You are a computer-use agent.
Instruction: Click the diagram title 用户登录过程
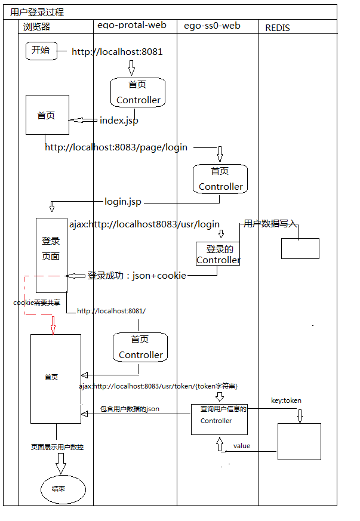[37, 12]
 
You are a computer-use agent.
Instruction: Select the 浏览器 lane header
[36, 27]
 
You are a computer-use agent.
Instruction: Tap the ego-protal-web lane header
[131, 26]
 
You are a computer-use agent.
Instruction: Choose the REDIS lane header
[278, 27]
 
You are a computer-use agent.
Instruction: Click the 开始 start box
[41, 51]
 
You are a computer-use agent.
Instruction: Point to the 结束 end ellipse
[63, 489]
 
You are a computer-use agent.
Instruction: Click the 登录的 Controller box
[219, 254]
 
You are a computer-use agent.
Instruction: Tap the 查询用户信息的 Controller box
[219, 419]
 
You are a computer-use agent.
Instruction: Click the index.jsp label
[119, 121]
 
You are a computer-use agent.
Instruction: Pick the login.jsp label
[122, 202]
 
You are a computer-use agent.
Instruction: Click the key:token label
[286, 400]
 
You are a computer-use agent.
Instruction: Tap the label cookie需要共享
[37, 303]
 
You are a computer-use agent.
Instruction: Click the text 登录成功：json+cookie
[137, 276]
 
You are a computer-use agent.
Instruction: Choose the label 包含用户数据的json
[130, 409]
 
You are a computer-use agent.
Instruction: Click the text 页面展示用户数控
[57, 447]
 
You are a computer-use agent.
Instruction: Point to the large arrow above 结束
[60, 463]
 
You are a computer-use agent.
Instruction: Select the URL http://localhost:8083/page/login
[116, 147]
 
